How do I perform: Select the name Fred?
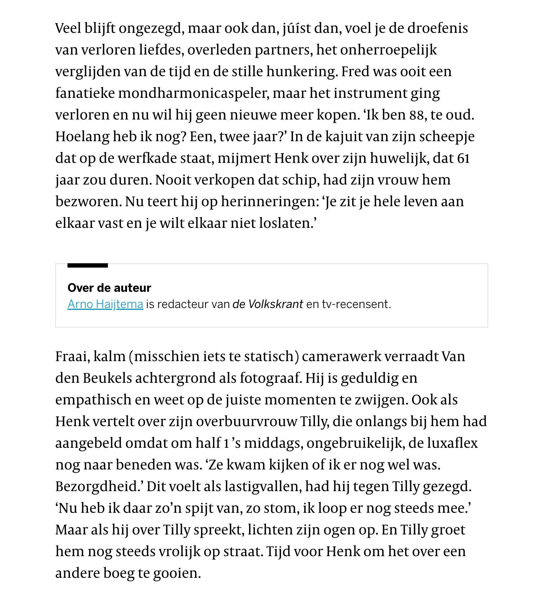click(355, 72)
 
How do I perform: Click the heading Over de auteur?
click(109, 288)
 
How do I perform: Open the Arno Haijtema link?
click(105, 304)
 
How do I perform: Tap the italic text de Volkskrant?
click(267, 304)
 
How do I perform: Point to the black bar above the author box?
click(87, 266)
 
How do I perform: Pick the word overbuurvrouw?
click(246, 421)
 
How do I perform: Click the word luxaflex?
click(452, 443)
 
